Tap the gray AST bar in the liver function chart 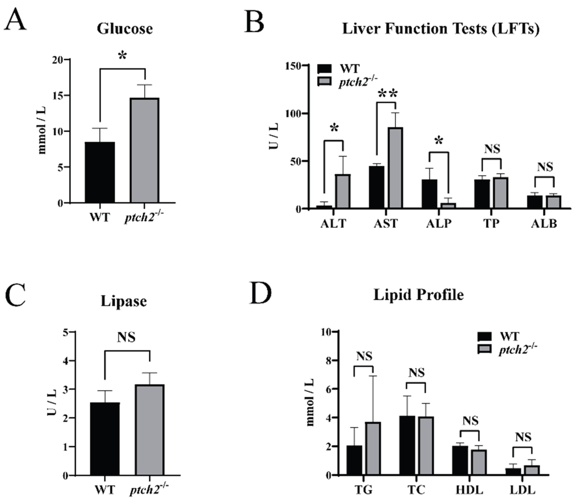pos(395,168)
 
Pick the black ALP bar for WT pos(429,194)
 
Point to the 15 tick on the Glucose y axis pos(58,95)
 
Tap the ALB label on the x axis pos(544,224)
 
